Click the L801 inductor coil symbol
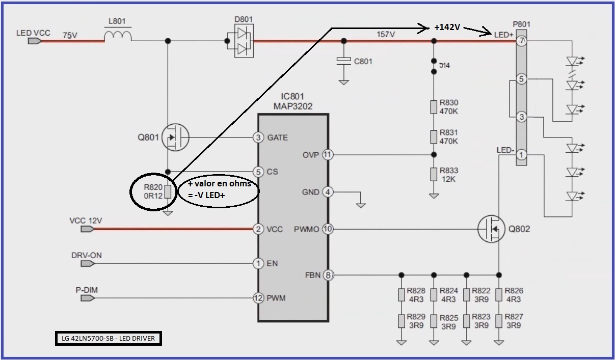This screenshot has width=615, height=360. point(118,36)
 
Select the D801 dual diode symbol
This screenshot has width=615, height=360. point(244,41)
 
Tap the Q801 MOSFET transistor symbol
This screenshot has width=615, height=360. point(175,137)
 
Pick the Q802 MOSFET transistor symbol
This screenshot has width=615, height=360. point(491,229)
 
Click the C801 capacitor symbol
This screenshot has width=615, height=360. point(344,61)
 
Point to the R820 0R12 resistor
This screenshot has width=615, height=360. point(168,191)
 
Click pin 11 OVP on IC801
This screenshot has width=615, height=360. point(328,155)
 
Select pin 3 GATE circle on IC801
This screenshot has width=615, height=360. point(258,137)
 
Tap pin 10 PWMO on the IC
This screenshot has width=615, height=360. point(328,229)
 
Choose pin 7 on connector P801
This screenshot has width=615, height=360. point(521,41)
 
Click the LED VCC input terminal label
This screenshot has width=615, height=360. point(33,33)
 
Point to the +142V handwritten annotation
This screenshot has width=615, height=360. point(447,27)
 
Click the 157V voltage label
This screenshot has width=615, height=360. point(386,34)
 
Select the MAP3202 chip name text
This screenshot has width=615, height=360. point(292,106)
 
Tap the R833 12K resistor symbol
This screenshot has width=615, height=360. point(434,175)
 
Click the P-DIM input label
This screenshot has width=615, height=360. point(87,290)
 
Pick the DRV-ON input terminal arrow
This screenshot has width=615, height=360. point(88,263)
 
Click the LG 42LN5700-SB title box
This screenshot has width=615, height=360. point(109,338)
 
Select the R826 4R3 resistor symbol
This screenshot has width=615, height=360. point(499,295)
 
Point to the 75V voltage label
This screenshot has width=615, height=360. point(70,36)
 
